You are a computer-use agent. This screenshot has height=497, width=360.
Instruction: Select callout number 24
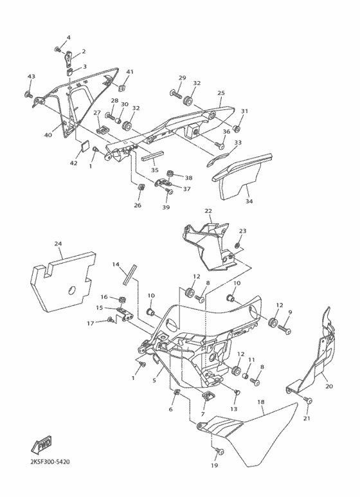(58, 244)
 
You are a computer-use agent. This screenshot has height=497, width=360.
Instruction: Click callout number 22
(208, 211)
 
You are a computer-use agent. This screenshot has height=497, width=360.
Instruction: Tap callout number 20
(329, 386)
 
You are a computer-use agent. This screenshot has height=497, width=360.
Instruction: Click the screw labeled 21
(308, 401)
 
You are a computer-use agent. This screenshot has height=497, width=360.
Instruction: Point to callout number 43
(30, 77)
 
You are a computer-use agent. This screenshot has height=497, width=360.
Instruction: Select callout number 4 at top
(69, 38)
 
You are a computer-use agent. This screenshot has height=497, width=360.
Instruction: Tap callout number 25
(221, 93)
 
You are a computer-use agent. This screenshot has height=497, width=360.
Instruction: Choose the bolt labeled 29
(175, 94)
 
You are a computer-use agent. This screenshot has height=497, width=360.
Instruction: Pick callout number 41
(129, 71)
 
